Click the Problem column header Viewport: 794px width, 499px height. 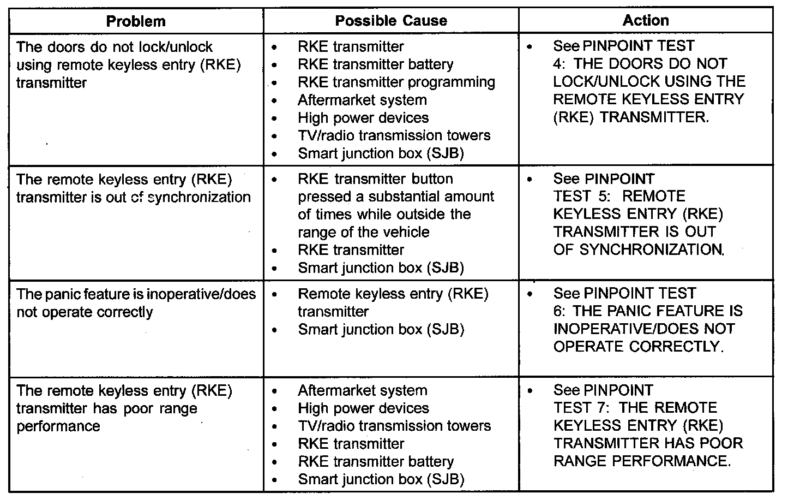pos(136,21)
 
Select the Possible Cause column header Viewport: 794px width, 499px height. pos(390,21)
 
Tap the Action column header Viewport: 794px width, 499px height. pos(646,20)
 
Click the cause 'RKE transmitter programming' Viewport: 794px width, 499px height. pos(396,82)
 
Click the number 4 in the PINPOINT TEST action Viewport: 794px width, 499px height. pos(558,64)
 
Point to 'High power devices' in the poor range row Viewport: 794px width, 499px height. pos(363,408)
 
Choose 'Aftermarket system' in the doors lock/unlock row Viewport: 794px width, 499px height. pos(362,100)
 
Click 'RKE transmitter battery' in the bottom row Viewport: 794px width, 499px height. pos(376,462)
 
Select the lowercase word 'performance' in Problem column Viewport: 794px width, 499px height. pos(58,426)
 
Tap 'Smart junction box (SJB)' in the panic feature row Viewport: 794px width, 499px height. pos(381,330)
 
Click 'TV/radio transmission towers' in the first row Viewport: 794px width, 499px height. pos(394,135)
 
